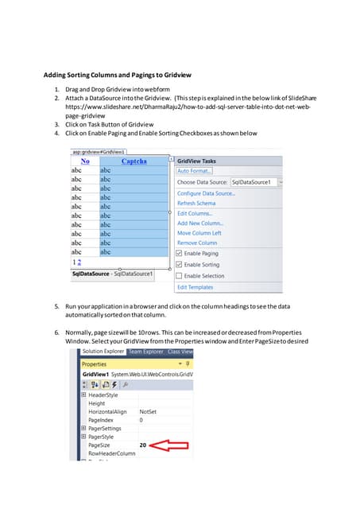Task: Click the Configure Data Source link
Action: click(x=205, y=193)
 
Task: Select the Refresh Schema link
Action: click(x=197, y=204)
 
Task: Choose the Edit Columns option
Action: click(x=194, y=213)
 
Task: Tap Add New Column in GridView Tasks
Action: click(x=199, y=223)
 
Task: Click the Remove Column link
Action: click(x=196, y=243)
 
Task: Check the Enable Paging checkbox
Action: click(x=180, y=254)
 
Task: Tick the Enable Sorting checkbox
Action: click(x=180, y=264)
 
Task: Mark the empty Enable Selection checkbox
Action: click(x=180, y=275)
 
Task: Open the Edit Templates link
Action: click(x=195, y=287)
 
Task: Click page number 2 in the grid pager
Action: click(x=79, y=262)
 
